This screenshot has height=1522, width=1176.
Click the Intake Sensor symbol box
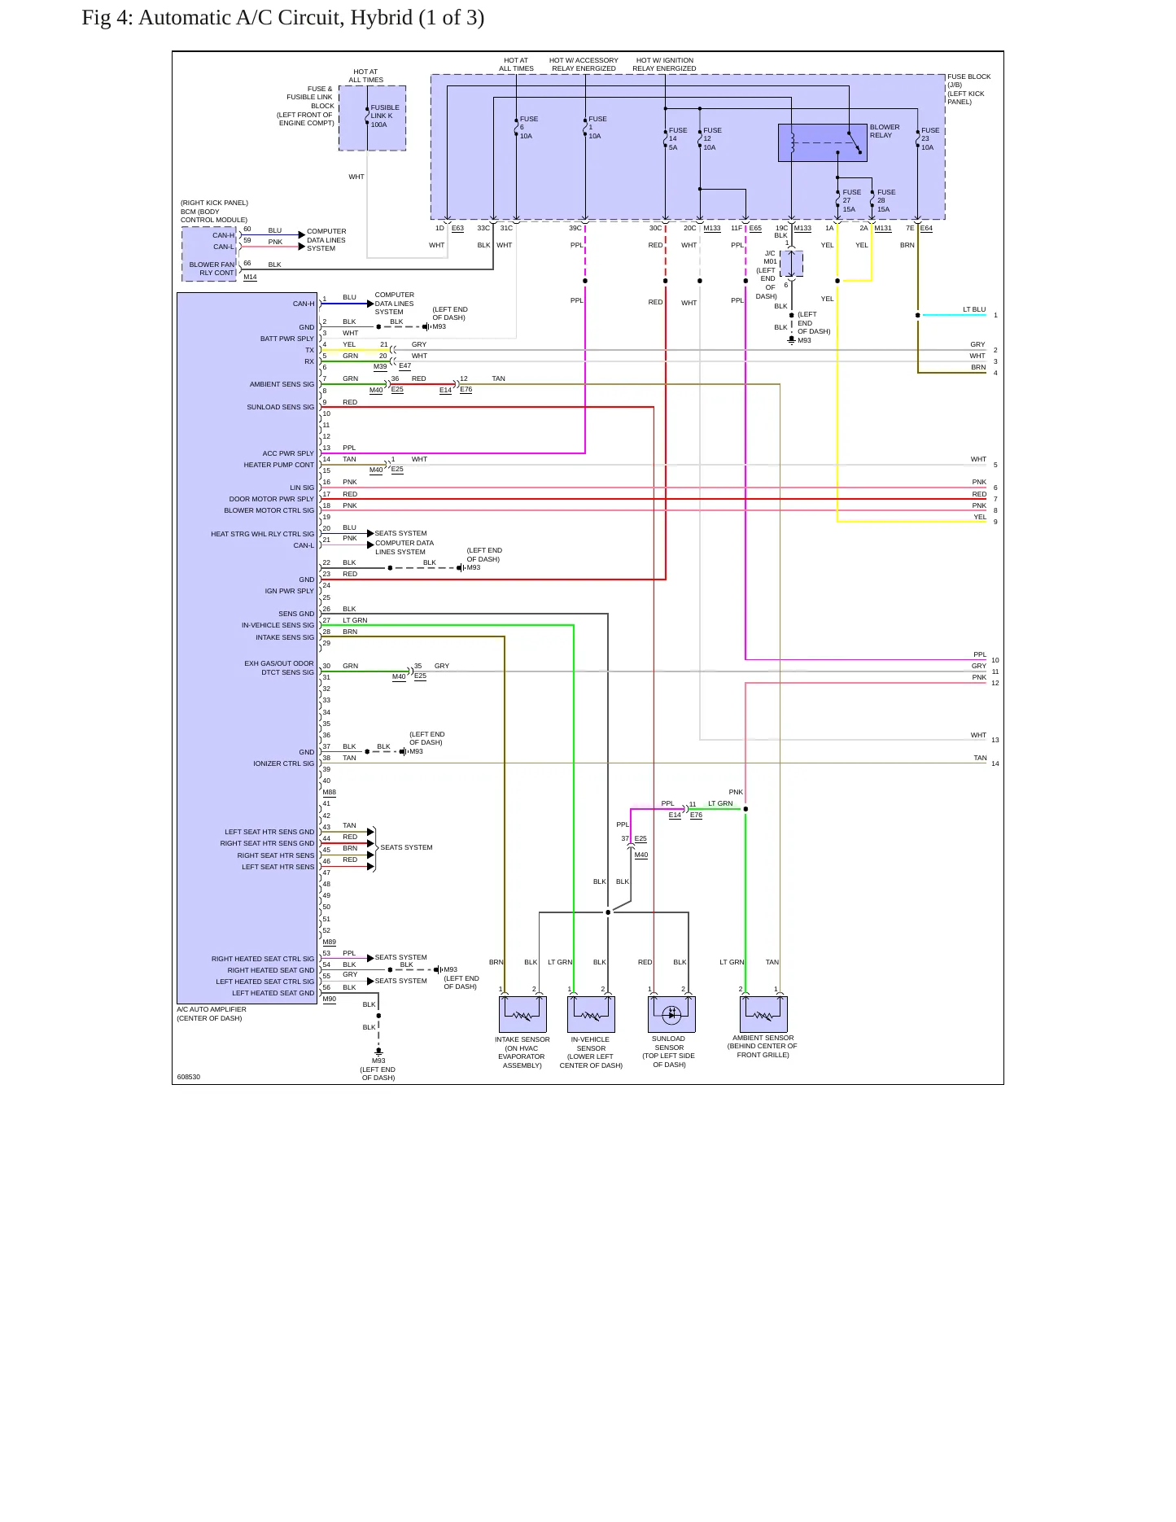[x=522, y=1014]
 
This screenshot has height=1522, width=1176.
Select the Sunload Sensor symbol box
[x=671, y=1014]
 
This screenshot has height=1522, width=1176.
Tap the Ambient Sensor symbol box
[x=763, y=1014]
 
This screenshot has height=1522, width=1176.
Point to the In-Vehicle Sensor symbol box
[x=591, y=1014]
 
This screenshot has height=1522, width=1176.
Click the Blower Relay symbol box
[x=823, y=143]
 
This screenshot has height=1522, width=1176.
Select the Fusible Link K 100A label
[x=385, y=116]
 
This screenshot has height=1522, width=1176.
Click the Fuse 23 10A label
[x=930, y=138]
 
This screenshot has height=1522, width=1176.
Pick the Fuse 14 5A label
[x=678, y=138]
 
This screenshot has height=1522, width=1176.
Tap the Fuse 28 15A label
[x=885, y=200]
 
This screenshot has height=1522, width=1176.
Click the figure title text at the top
[x=283, y=18]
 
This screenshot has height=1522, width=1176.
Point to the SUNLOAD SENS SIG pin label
[x=280, y=407]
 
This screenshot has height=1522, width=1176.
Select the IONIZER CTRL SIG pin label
[x=283, y=763]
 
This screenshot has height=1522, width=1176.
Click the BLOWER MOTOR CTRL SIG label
[x=269, y=510]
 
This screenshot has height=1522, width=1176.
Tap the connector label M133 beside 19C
[x=802, y=229]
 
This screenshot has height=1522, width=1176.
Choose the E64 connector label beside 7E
[x=926, y=229]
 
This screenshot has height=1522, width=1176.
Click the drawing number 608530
[x=188, y=1077]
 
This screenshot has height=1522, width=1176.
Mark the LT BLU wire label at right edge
[x=974, y=309]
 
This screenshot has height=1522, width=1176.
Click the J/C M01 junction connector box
[x=791, y=264]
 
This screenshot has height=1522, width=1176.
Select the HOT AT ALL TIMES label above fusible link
[x=365, y=76]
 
